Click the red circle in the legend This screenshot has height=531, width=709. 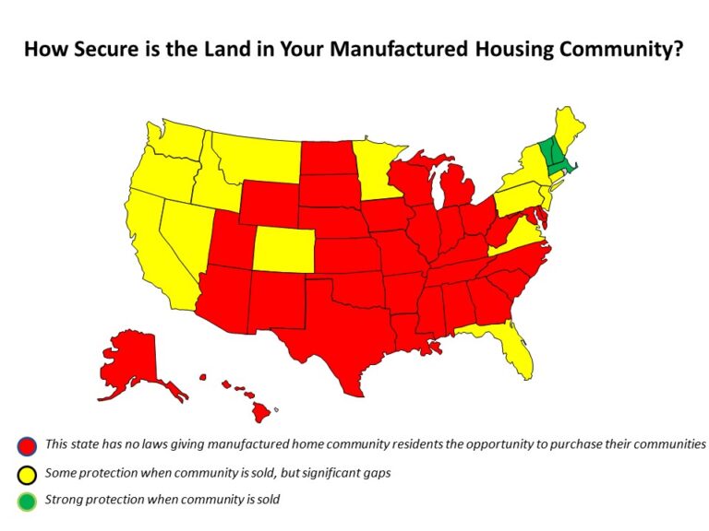[x=26, y=445]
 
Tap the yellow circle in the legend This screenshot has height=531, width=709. [x=26, y=474]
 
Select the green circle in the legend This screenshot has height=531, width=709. [x=26, y=501]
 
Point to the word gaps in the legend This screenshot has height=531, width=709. [x=375, y=474]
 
